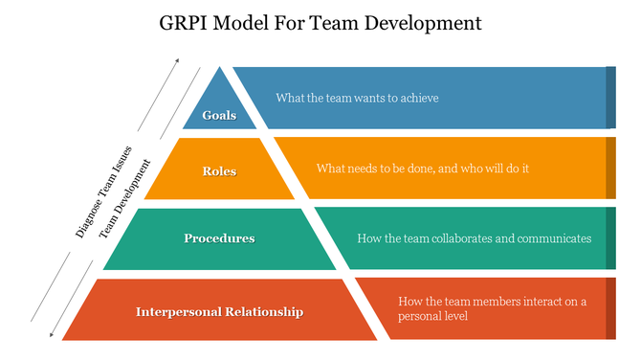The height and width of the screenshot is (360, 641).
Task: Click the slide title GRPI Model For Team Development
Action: pyautogui.click(x=320, y=20)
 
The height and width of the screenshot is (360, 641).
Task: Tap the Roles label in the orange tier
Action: pyautogui.click(x=219, y=171)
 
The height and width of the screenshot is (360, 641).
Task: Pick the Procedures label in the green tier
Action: pyautogui.click(x=219, y=237)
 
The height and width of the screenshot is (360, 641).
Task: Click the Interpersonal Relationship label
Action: pyautogui.click(x=219, y=311)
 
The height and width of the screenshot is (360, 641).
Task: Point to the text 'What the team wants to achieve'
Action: pyautogui.click(x=357, y=98)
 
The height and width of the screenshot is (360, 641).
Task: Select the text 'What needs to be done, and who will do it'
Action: pyautogui.click(x=423, y=168)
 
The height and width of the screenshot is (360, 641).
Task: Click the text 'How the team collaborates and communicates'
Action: pyautogui.click(x=474, y=237)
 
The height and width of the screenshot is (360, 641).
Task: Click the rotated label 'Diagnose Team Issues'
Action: pyautogui.click(x=105, y=197)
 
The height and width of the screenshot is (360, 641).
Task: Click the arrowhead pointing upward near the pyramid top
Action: pyautogui.click(x=176, y=62)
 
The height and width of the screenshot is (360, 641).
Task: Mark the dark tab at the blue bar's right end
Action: pyautogui.click(x=610, y=98)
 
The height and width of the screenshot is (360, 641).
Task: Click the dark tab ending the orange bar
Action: pyautogui.click(x=610, y=168)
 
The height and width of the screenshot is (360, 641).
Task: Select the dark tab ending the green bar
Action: pyautogui.click(x=610, y=237)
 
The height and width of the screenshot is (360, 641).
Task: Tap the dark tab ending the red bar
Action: pyautogui.click(x=610, y=307)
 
